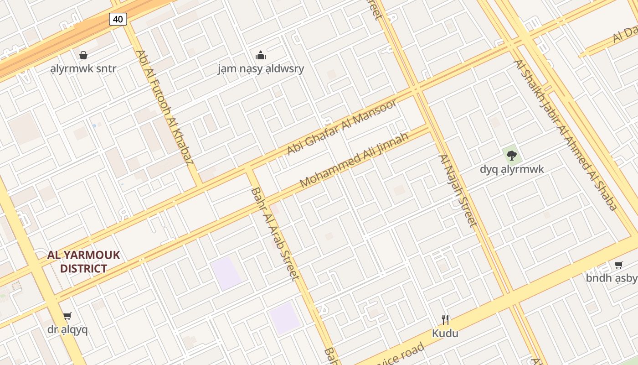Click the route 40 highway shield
(x=118, y=19)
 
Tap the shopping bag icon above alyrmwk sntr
(x=83, y=55)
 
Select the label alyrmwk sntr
(x=83, y=69)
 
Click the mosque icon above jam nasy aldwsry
(x=261, y=55)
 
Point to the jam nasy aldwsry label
(x=261, y=69)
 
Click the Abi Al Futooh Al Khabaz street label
(x=165, y=107)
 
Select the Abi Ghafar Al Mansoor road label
(x=342, y=127)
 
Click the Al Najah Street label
(x=458, y=190)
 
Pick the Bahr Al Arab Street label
(x=275, y=233)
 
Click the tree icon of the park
(x=512, y=155)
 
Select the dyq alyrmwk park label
(x=512, y=169)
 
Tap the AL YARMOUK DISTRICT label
(x=83, y=261)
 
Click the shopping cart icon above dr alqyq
(x=67, y=316)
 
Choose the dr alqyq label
(x=67, y=329)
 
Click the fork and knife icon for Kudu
(x=445, y=319)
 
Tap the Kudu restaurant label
(x=445, y=334)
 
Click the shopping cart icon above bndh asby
(x=618, y=265)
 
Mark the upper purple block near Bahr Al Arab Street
(x=226, y=273)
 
